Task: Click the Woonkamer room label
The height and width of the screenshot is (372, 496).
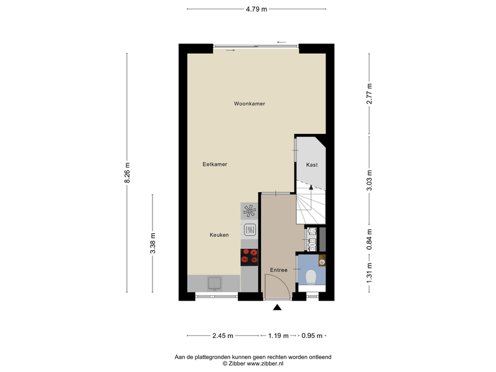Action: tap(249, 104)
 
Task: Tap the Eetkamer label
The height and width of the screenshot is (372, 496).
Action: tap(215, 164)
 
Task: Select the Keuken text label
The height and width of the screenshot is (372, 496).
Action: tap(219, 235)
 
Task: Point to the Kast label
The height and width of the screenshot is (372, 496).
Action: tap(312, 165)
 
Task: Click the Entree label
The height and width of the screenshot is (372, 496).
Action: tap(278, 270)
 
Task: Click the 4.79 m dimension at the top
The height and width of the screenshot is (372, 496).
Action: tap(257, 9)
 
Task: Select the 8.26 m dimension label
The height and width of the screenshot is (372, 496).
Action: tap(127, 172)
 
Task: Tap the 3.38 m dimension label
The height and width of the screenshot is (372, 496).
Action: tap(153, 243)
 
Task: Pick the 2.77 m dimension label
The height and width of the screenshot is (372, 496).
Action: tap(369, 94)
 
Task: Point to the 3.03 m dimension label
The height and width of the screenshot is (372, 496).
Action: tap(369, 180)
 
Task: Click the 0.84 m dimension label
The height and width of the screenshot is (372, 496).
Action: tap(369, 239)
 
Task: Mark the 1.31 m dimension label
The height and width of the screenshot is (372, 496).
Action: tap(369, 273)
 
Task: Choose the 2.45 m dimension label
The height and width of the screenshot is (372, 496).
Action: tap(223, 335)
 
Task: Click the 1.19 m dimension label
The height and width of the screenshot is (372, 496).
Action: tap(278, 335)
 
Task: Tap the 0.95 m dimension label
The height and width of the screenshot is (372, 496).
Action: tap(312, 335)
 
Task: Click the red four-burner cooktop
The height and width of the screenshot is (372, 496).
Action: tap(249, 257)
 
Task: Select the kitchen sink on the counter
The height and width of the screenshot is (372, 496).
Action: tap(215, 283)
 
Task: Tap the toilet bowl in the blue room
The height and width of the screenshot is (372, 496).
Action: tap(311, 277)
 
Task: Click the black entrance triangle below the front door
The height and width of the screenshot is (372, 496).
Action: tap(277, 307)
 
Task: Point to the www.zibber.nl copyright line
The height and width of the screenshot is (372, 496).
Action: tap(253, 363)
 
